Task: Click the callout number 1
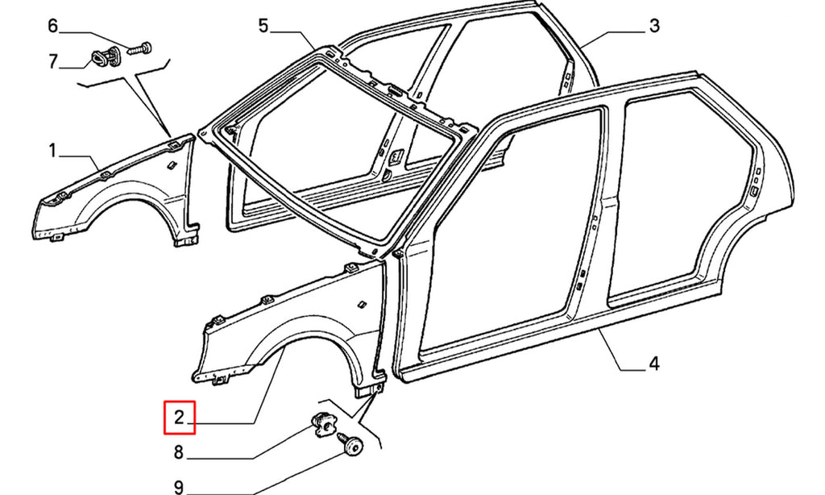point(52,152)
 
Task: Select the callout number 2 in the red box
point(179,418)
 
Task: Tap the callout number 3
point(654,25)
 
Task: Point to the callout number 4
point(653,364)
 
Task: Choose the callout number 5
point(263,25)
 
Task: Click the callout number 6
point(52,25)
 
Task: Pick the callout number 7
point(52,61)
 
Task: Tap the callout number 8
point(179,451)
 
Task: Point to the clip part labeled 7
point(106,58)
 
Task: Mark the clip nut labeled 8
point(322,423)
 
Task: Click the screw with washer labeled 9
point(351,442)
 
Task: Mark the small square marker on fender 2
point(363,304)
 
